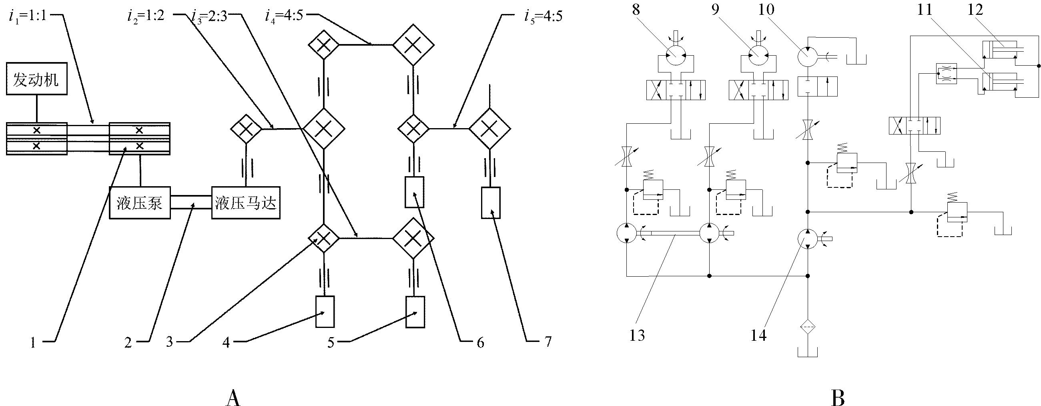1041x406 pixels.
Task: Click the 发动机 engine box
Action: (36, 78)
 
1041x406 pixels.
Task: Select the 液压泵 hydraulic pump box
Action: (140, 203)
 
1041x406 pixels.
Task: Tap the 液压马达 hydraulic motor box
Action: (246, 203)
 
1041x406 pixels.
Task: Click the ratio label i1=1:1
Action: (28, 16)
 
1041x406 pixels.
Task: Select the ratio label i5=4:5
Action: (542, 16)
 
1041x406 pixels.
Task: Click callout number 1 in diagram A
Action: (34, 343)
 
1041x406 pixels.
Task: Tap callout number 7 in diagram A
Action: (548, 342)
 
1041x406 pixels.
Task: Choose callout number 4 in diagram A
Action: (226, 343)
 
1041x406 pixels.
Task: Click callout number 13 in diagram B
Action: (637, 335)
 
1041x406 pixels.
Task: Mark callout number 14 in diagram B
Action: (758, 335)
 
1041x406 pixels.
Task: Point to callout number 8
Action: (636, 9)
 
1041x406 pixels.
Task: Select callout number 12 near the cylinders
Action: (975, 9)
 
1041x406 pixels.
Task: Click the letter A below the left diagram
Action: (233, 398)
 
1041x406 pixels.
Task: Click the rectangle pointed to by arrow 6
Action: (414, 192)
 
